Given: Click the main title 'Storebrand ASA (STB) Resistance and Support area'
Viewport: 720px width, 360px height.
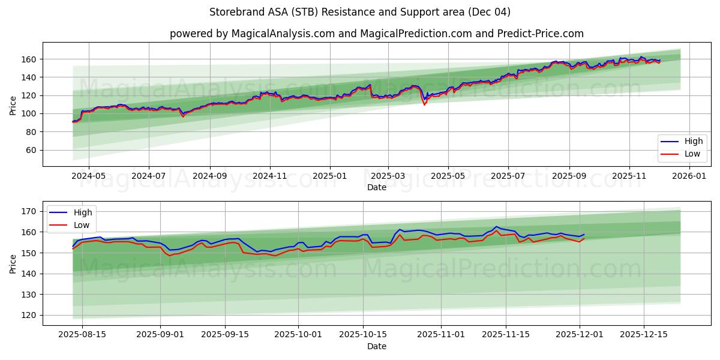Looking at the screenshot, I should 360,12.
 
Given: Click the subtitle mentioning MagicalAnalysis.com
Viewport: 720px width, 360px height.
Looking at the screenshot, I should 376,34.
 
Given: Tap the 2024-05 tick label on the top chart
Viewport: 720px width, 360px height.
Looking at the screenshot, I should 89,176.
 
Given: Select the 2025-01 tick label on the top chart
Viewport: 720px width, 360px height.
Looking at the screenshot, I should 329,176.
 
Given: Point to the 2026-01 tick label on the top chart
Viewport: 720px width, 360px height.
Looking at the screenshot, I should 689,176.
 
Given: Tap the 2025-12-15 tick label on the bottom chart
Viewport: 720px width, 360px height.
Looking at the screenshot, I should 644,335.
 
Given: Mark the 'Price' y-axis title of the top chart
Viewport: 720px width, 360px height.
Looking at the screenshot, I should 13,104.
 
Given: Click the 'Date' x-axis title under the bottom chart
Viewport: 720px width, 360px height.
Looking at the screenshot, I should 376,346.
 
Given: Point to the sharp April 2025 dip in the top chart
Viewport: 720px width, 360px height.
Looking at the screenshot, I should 425,103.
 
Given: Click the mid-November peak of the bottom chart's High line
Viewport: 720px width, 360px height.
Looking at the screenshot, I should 496,227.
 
